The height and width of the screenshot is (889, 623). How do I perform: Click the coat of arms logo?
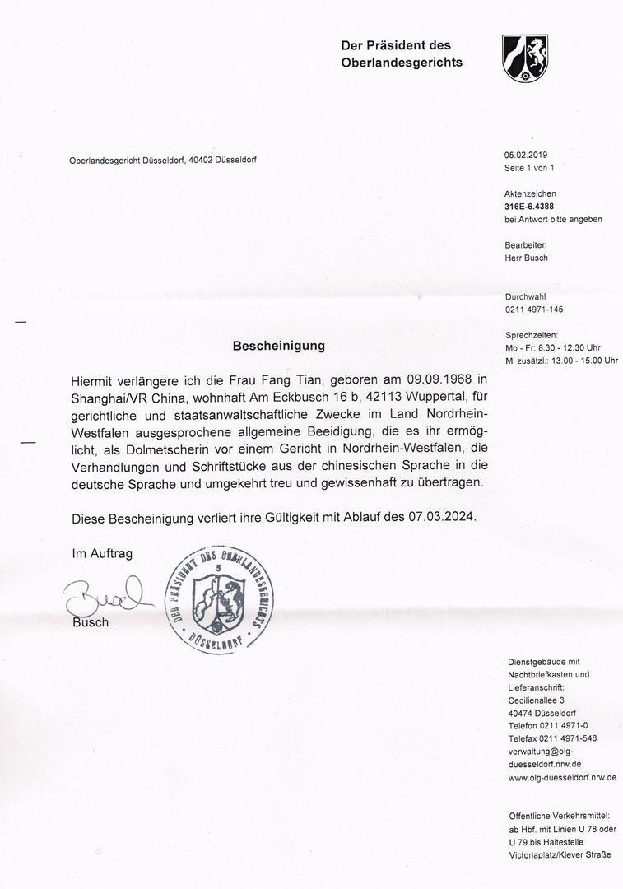(x=525, y=58)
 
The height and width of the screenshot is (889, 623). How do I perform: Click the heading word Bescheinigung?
(x=279, y=347)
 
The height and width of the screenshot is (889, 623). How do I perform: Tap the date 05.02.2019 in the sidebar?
(x=525, y=155)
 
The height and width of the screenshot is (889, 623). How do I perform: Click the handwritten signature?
(x=105, y=595)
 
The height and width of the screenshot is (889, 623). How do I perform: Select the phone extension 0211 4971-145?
(x=533, y=310)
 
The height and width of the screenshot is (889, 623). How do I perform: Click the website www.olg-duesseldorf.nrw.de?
(x=562, y=777)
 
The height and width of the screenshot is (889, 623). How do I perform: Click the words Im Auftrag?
(x=102, y=554)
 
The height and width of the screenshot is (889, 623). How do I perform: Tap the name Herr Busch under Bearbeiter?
(x=526, y=258)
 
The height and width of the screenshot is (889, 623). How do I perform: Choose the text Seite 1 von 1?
(x=529, y=168)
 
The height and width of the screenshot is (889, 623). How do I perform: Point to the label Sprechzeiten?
(x=531, y=335)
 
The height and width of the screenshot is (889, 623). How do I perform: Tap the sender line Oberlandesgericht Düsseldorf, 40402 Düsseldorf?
(x=168, y=160)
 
